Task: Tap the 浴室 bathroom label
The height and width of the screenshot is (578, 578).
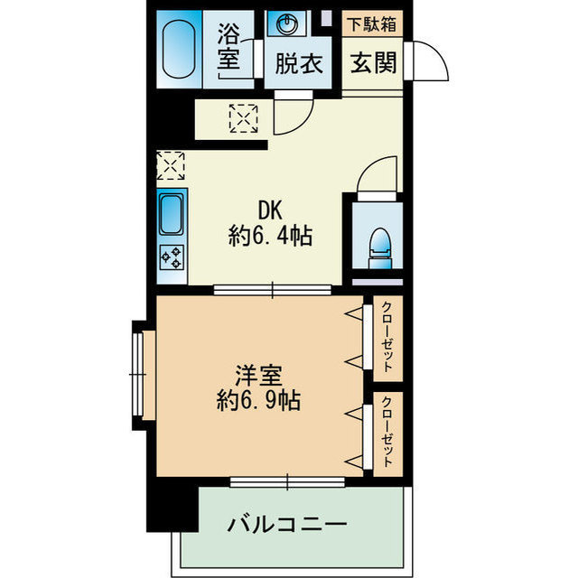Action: click(229, 47)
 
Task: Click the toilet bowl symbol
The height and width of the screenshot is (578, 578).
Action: click(380, 243)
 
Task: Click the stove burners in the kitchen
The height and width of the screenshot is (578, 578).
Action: click(172, 257)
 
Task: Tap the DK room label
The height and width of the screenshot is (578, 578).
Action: click(271, 210)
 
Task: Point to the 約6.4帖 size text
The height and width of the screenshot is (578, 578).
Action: click(271, 238)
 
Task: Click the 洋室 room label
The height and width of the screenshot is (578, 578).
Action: click(257, 373)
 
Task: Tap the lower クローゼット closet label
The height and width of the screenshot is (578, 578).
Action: click(387, 434)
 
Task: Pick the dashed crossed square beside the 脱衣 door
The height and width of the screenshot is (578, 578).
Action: click(243, 117)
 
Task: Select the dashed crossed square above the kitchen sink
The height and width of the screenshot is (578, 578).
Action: click(171, 166)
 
